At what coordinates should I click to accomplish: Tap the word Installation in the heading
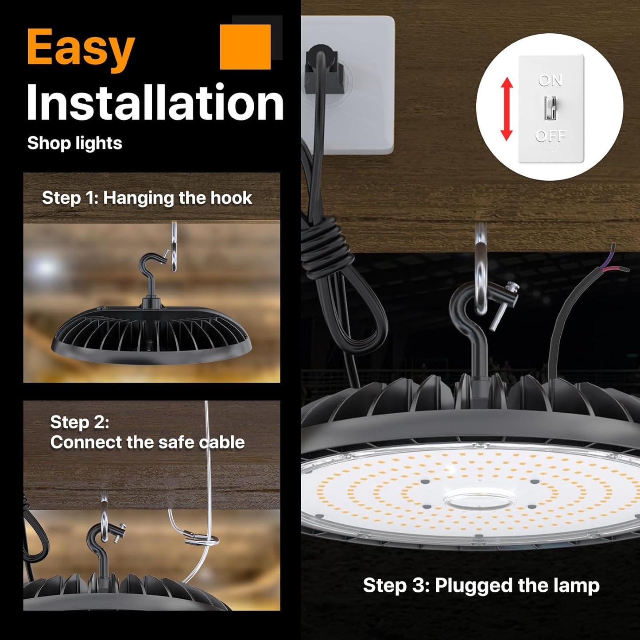coord(155,103)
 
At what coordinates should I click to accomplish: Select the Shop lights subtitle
coord(74,144)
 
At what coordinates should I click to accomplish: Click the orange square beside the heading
coord(245,47)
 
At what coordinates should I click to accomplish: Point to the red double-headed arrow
coord(507,109)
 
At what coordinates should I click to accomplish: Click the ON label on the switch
coord(551,81)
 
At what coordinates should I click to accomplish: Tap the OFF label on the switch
coord(551,136)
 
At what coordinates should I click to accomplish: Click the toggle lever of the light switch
coord(551,108)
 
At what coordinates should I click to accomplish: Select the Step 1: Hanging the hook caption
coord(147,198)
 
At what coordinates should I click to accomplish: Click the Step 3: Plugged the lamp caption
coord(481,585)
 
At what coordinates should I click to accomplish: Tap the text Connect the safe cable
coord(147,442)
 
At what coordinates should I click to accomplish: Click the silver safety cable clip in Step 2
coord(201,539)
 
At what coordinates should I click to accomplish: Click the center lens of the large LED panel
coord(480,500)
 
